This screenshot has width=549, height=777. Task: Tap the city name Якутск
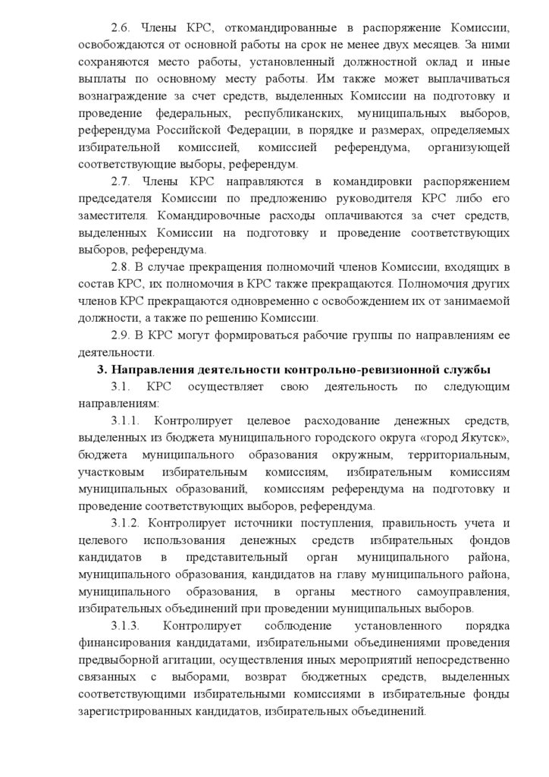485,439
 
